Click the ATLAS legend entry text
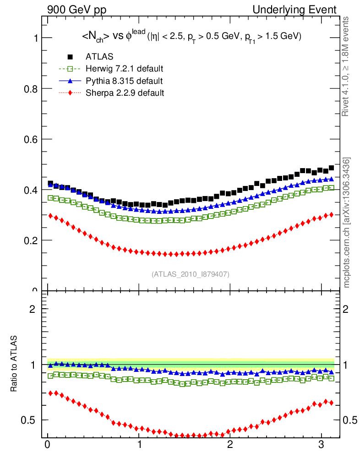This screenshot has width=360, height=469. pos(99,57)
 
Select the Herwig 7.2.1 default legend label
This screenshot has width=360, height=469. pos(125,69)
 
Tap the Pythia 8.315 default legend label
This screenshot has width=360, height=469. pos(124,81)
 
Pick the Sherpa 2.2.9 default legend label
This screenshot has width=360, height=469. pos(125,93)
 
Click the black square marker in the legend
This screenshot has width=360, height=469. pos(71,57)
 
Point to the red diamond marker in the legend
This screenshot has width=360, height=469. pos(71,93)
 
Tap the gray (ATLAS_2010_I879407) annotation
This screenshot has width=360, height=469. pos(191,274)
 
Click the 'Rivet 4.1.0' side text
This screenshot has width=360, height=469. pos(347,66)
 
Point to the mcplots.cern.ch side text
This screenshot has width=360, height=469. pos(347,223)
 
